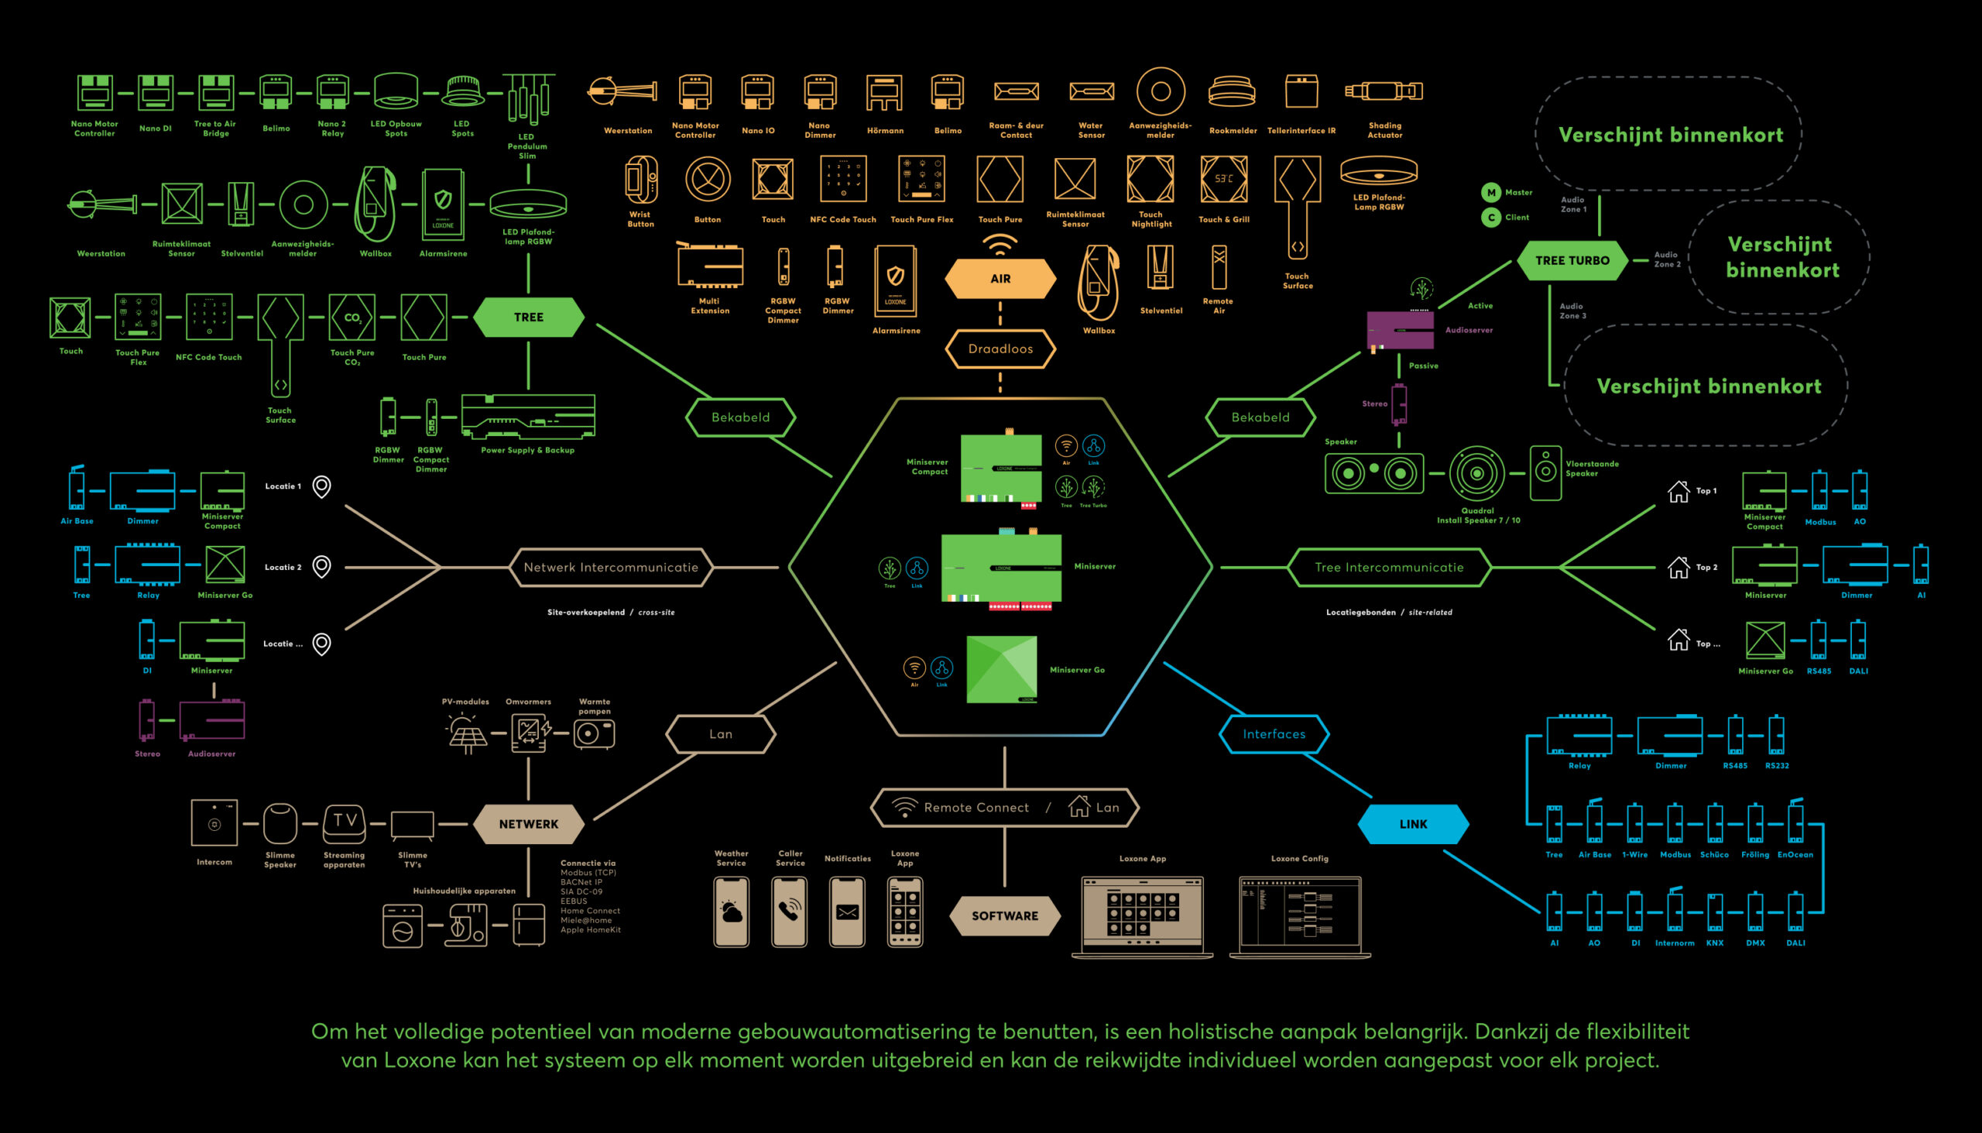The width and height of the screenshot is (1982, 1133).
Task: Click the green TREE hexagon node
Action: click(x=528, y=318)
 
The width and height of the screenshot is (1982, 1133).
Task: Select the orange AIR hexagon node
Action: click(x=1000, y=279)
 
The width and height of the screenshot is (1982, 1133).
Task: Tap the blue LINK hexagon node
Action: click(x=1413, y=824)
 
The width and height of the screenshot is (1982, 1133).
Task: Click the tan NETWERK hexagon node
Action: click(x=528, y=824)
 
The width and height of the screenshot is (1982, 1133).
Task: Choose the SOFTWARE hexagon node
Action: click(x=1004, y=916)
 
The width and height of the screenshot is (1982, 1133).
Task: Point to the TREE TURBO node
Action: click(x=1572, y=261)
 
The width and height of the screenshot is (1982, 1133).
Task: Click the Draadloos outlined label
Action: click(x=1000, y=348)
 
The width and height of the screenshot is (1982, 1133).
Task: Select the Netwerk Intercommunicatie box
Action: click(x=611, y=568)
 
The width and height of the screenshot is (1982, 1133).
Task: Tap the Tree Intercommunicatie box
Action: click(x=1388, y=568)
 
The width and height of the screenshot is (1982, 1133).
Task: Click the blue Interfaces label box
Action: click(x=1274, y=734)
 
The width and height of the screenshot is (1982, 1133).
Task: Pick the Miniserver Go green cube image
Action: click(x=1001, y=669)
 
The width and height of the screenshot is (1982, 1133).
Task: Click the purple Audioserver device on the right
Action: click(x=1400, y=330)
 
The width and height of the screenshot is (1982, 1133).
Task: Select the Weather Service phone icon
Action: click(x=731, y=912)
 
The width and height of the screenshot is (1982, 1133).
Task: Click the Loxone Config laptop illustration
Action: click(x=1300, y=917)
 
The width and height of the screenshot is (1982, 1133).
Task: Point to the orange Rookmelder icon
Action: click(x=1231, y=92)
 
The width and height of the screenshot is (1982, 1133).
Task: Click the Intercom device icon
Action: click(x=214, y=822)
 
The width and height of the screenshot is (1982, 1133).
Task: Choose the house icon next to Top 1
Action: click(x=1678, y=491)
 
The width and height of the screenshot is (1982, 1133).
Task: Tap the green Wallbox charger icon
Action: click(x=375, y=204)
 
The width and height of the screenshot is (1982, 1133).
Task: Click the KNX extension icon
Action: click(x=1714, y=912)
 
